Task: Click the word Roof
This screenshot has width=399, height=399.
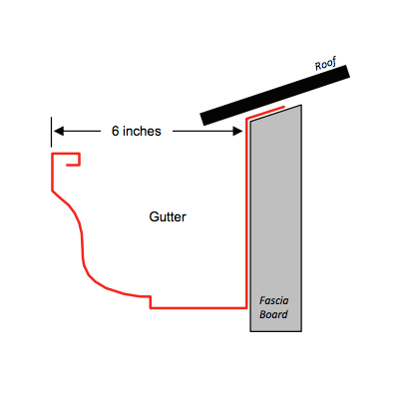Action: point(326,64)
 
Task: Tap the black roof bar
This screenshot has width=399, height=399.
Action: point(274,95)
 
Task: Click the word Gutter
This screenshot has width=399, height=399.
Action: point(168,216)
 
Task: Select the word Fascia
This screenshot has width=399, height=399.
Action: point(274,300)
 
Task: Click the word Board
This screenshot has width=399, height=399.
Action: point(273,314)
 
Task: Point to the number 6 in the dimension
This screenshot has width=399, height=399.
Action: point(115,131)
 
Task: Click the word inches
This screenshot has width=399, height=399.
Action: point(142,131)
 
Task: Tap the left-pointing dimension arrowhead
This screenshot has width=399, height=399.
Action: point(59,132)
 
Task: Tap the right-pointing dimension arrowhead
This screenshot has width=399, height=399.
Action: point(237,132)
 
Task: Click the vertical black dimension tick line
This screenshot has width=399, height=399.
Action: point(51,132)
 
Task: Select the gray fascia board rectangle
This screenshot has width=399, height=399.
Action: point(276,218)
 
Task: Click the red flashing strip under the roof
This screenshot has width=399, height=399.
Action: point(265,113)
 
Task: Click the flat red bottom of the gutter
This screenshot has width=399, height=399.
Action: point(199,308)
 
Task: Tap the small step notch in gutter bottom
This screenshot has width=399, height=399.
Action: point(151,302)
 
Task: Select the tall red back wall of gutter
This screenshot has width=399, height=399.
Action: point(246,212)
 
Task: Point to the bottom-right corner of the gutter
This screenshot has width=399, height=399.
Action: point(246,308)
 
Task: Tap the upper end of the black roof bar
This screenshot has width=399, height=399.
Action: point(348,71)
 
